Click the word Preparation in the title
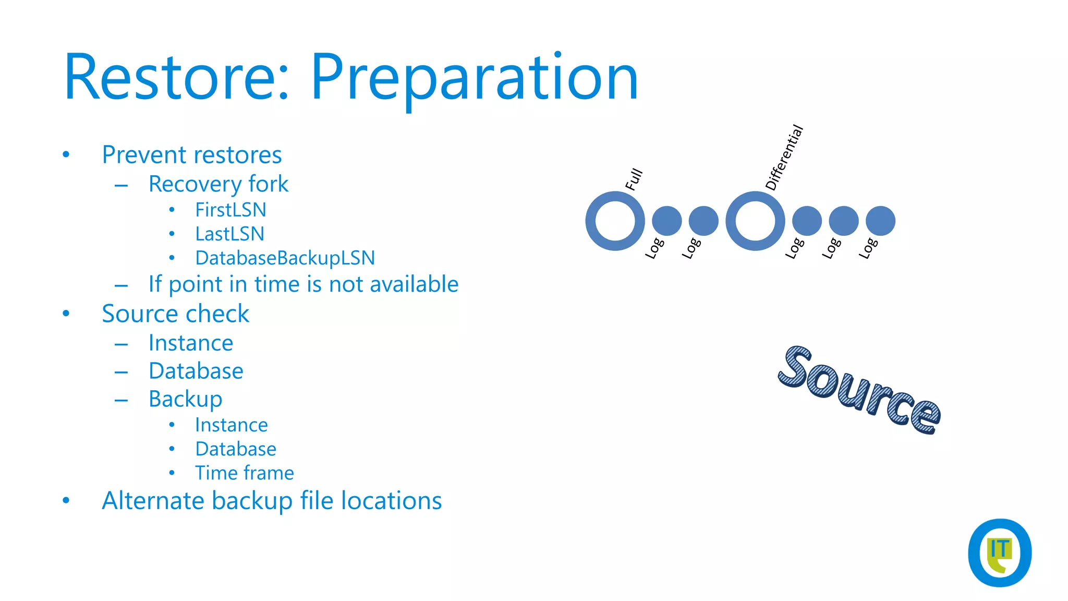click(x=474, y=78)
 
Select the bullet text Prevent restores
click(x=191, y=155)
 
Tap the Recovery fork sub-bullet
click(x=218, y=184)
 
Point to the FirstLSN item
click(x=230, y=210)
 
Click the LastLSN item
click(x=229, y=234)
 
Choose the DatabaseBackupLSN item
click(x=285, y=258)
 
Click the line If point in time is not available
click(x=303, y=284)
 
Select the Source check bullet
click(x=175, y=314)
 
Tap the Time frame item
click(x=244, y=473)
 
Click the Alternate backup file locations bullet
click(x=271, y=501)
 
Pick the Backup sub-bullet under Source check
click(x=185, y=399)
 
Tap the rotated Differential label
click(x=784, y=158)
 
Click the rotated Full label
click(x=634, y=179)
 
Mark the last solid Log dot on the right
click(x=880, y=221)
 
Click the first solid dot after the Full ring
click(x=666, y=221)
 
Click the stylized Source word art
click(x=859, y=390)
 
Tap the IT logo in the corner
click(x=999, y=552)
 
